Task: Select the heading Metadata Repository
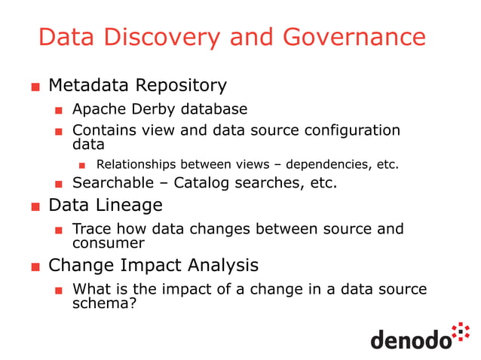tap(137, 85)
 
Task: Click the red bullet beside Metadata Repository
tap(35, 87)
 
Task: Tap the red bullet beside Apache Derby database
tap(58, 111)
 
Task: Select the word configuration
tap(352, 130)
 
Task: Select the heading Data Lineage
tap(105, 205)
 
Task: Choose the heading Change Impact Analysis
tap(153, 265)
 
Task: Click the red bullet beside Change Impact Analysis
tap(35, 267)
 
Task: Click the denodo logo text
tap(410, 340)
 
